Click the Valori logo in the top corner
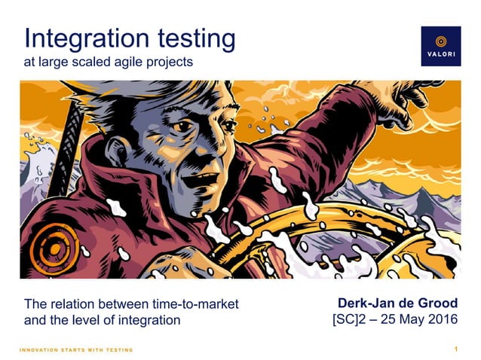pos(440,46)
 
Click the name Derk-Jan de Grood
pos(397,304)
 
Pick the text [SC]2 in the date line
pos(350,320)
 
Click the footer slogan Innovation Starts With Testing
pos(76,349)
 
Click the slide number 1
pos(456,349)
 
